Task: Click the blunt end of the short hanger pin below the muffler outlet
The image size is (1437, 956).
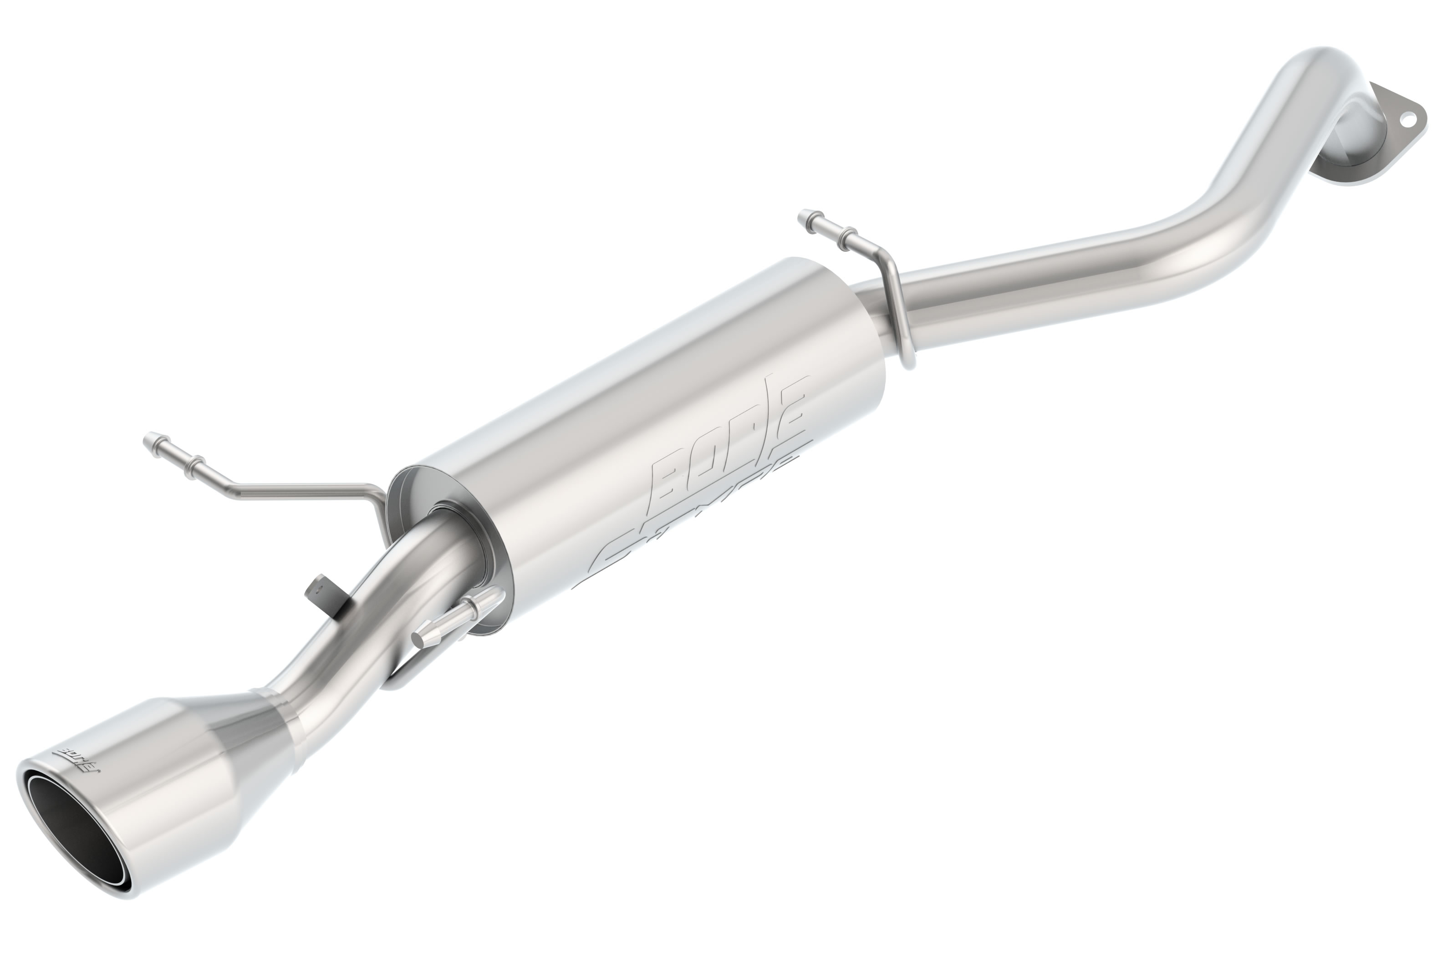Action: coord(419,638)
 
